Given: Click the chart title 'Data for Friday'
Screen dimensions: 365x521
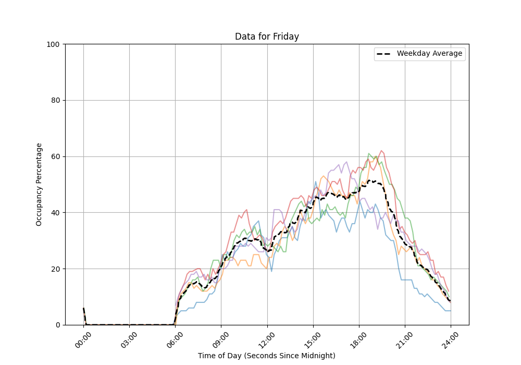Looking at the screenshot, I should [x=267, y=36].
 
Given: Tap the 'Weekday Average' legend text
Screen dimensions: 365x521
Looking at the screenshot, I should [x=429, y=54].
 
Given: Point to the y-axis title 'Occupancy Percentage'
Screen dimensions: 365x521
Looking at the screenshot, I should [x=39, y=184].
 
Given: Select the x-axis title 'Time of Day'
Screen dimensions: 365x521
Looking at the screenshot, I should [x=267, y=356].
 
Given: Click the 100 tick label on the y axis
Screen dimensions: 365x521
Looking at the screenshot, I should [x=53, y=44].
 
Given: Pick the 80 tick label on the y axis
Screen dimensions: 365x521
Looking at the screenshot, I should [x=55, y=101].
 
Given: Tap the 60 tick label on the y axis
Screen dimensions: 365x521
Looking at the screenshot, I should [x=55, y=156].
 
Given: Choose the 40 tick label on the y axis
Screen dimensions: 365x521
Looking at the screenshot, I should [x=55, y=213].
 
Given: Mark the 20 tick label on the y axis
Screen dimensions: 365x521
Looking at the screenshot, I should [x=55, y=269].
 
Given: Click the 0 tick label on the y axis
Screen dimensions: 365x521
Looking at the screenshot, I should [x=57, y=325].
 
